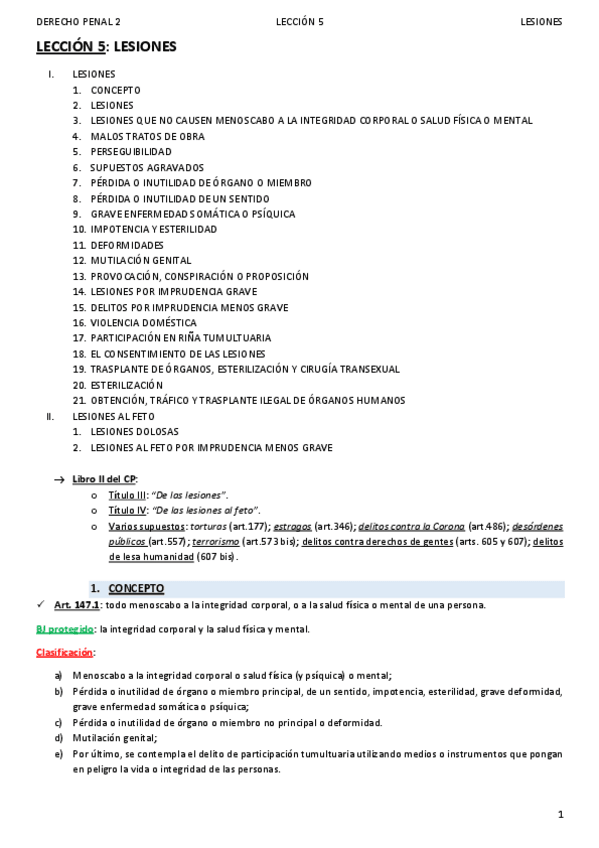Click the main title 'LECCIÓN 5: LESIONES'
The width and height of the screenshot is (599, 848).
[x=106, y=46]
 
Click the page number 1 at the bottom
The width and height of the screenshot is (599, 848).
[x=561, y=815]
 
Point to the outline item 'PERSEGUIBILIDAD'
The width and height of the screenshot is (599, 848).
[x=131, y=152]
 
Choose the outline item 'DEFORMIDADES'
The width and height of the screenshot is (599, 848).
[x=127, y=245]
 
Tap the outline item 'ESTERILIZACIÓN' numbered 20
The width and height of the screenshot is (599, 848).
[x=126, y=385]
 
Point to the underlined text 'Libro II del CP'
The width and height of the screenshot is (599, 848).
[x=104, y=479]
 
